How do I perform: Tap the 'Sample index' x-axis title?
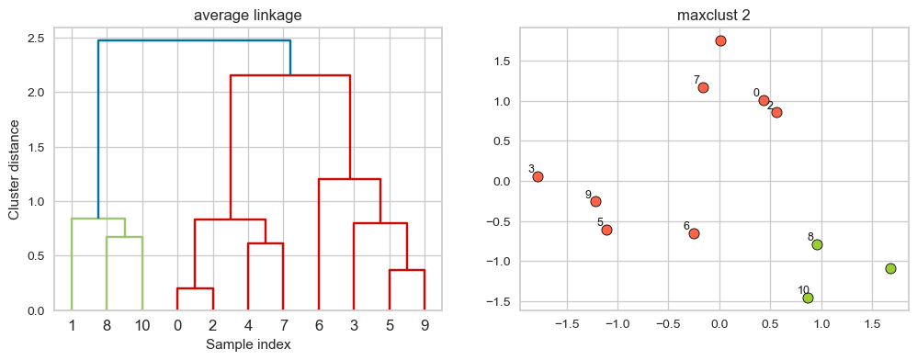point(248,344)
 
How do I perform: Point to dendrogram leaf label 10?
point(142,325)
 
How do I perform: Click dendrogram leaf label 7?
point(283,325)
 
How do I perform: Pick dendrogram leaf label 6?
point(318,325)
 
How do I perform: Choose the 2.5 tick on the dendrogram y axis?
point(37,39)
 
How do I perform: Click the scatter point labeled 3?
point(538,176)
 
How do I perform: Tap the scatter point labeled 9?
point(595,201)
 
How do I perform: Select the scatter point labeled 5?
point(606,230)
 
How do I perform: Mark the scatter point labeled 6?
point(694,233)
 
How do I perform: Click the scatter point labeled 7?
point(703,87)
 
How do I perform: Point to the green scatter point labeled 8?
point(817,244)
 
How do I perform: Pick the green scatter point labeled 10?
point(808,298)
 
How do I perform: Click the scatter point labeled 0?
point(764,100)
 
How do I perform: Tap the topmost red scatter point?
point(720,40)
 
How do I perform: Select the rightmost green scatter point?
point(890,268)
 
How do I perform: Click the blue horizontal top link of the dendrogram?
point(194,40)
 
